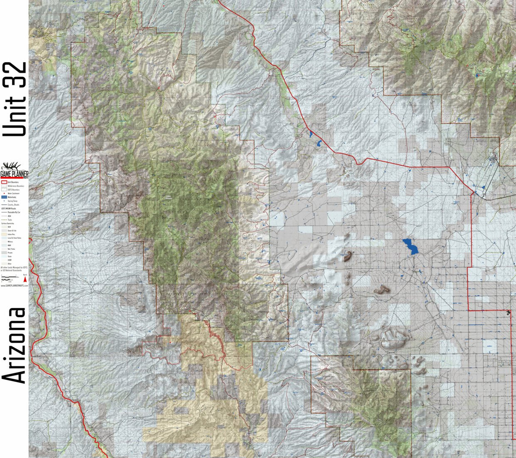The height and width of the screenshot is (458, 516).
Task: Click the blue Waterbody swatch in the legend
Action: coord(4,197)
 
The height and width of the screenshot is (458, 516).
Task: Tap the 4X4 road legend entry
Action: coord(9,216)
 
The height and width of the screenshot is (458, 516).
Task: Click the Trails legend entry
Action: coord(9,220)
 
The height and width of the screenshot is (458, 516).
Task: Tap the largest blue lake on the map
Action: coord(410,247)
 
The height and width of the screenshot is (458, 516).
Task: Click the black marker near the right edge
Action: coord(509,313)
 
